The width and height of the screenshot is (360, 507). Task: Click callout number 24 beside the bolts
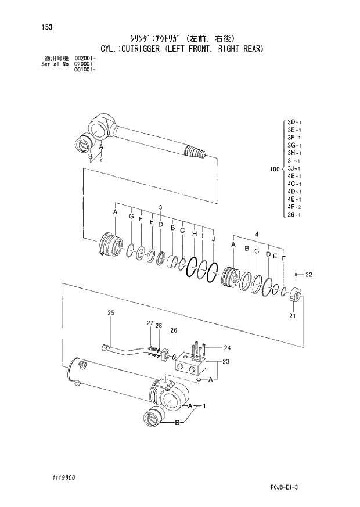point(227,348)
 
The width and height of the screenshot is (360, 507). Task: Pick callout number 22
point(308,275)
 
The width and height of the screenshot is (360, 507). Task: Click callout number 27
point(149,323)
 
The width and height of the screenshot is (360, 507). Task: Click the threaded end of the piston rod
point(198,153)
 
